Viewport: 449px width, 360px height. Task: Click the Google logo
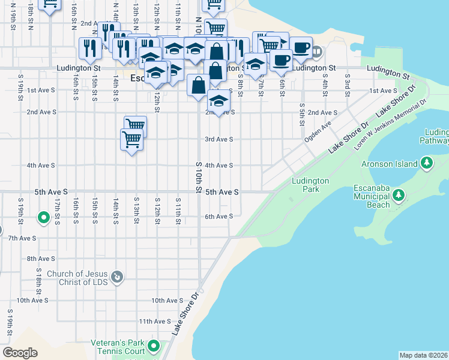coord(20,352)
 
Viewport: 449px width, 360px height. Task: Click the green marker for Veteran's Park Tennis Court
coord(154,346)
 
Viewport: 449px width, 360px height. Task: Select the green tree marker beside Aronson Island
coord(427,163)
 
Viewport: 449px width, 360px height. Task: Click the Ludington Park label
coord(310,185)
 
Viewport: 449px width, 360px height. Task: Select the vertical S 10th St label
coord(199,177)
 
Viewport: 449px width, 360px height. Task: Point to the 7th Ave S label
coord(22,238)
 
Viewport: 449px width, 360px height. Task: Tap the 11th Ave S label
coord(155,322)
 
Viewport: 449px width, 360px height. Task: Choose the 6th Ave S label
coord(218,217)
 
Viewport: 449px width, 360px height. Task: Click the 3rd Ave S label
coord(218,139)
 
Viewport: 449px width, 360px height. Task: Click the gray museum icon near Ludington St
coord(316,52)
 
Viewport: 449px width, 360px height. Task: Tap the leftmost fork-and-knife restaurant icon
coord(90,49)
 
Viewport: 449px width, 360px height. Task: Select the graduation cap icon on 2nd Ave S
coord(220,102)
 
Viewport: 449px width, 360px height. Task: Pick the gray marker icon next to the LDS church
coord(118,277)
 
